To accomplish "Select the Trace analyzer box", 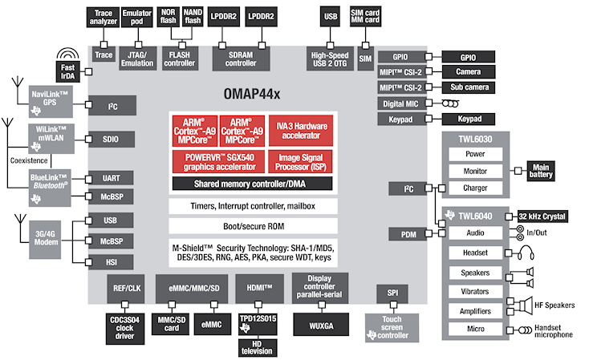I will coord(104,18).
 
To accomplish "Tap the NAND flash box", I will coord(193,18).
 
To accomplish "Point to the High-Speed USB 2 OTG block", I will coord(331,55).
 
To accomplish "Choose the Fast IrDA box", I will coord(69,71).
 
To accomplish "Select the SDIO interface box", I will coord(111,139).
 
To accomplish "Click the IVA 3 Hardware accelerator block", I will coord(299,131).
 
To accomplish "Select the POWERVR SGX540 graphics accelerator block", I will coord(214,162).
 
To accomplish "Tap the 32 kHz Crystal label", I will coord(542,216).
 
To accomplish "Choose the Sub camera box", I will coord(469,87).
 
